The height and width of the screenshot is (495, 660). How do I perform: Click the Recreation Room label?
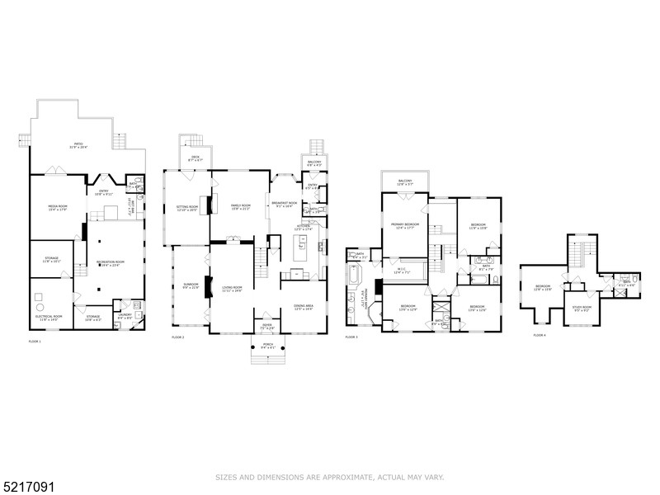coord(108,262)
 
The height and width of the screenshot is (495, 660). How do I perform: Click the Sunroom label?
coord(190,285)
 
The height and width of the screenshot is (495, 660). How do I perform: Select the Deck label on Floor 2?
coord(196,158)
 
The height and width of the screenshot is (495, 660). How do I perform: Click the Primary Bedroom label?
coord(404,225)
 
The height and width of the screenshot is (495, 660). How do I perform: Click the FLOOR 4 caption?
coord(540,336)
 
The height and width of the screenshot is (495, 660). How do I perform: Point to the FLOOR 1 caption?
coord(34,341)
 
